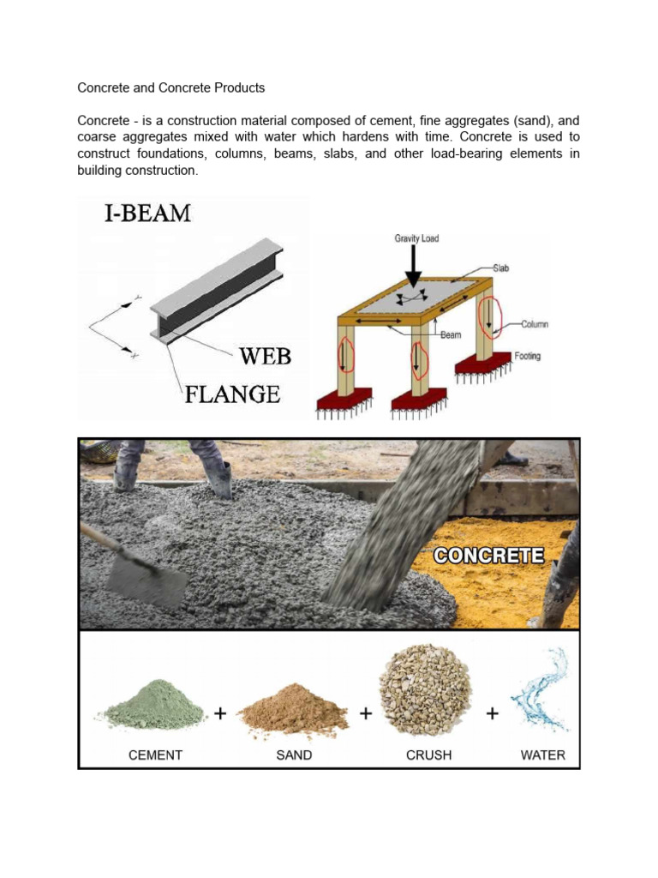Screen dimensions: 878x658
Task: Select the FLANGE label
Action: [x=233, y=394]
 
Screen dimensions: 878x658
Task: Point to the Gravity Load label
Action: [x=416, y=238]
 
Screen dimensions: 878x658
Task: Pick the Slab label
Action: [x=500, y=268]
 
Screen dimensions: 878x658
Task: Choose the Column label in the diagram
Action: [x=534, y=324]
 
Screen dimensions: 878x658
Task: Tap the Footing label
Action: [x=528, y=355]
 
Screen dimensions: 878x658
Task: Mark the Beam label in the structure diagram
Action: [x=451, y=335]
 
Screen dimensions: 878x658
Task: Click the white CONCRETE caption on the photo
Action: [x=488, y=555]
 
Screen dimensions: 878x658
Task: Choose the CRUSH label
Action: [x=428, y=755]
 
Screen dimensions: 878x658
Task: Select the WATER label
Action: [x=543, y=755]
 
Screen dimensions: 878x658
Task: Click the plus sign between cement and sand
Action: [x=220, y=713]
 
